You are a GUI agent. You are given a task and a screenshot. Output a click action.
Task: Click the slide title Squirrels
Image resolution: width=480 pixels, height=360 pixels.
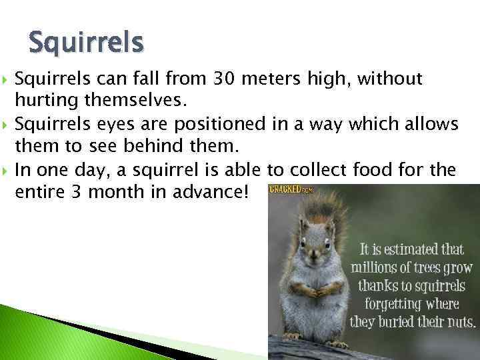point(86,43)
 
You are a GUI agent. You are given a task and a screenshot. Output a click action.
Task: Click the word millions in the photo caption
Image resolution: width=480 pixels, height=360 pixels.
point(375,268)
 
